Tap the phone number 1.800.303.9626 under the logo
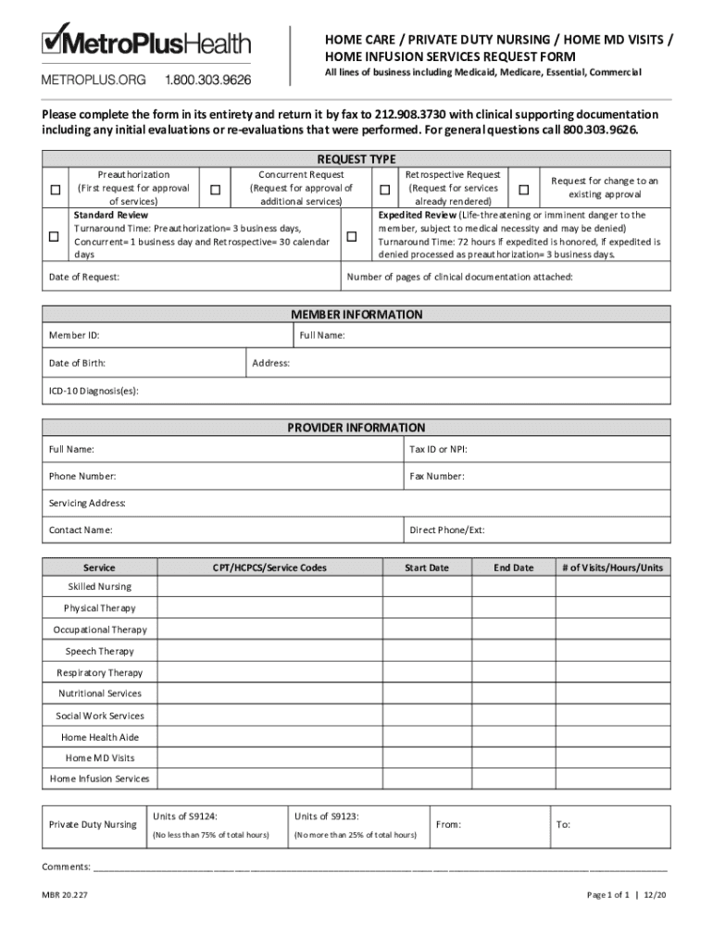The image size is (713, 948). (207, 81)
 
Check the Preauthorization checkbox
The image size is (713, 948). (55, 190)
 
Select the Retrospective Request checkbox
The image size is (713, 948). (383, 190)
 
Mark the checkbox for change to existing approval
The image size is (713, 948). (523, 190)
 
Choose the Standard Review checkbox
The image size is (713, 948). (55, 236)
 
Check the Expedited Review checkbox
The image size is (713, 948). (352, 236)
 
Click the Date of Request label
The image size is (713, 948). (83, 277)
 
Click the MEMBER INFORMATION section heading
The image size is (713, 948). (356, 314)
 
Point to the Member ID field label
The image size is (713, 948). (74, 335)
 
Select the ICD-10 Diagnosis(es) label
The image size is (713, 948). (94, 391)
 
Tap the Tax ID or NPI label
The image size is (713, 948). (438, 449)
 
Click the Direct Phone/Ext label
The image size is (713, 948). (446, 530)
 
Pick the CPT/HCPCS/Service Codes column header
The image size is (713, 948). (269, 568)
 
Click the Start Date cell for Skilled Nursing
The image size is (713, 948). (426, 587)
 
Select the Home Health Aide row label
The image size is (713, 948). (99, 737)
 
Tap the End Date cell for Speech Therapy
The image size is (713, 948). (513, 651)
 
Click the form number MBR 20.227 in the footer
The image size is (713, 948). (65, 895)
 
